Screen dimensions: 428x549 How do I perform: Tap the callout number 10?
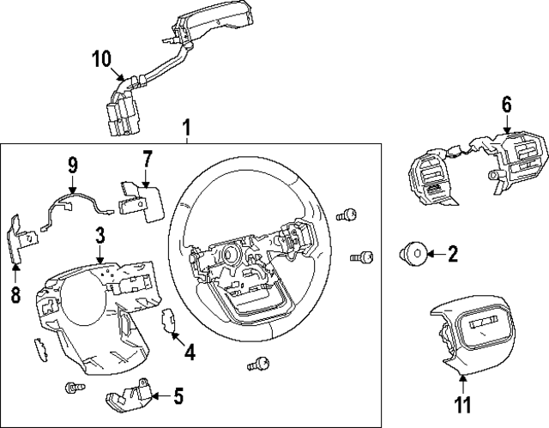tap(101, 59)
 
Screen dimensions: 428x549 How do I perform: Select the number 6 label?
tap(506, 105)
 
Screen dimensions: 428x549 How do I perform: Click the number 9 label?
tap(73, 163)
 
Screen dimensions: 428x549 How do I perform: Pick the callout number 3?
tap(100, 233)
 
